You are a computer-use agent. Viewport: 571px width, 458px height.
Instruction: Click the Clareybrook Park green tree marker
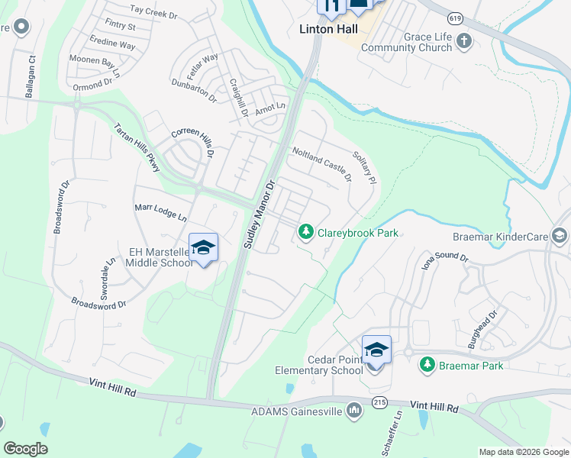point(306,231)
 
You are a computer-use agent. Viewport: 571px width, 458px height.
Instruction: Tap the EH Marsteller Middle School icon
point(203,247)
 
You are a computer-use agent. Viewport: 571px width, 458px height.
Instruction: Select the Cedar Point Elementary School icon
point(376,350)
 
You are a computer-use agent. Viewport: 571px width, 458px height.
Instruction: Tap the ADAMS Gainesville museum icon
point(353,411)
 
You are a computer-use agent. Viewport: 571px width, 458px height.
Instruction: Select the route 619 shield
point(455,18)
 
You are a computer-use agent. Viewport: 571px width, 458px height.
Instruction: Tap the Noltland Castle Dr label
point(321,164)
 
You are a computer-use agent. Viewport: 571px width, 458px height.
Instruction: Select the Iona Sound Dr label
point(444,261)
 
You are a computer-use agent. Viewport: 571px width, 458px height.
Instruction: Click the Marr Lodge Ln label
point(161,211)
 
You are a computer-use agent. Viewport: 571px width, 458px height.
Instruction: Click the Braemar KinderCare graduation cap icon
point(560,236)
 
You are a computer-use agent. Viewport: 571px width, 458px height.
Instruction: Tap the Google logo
point(25,449)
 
